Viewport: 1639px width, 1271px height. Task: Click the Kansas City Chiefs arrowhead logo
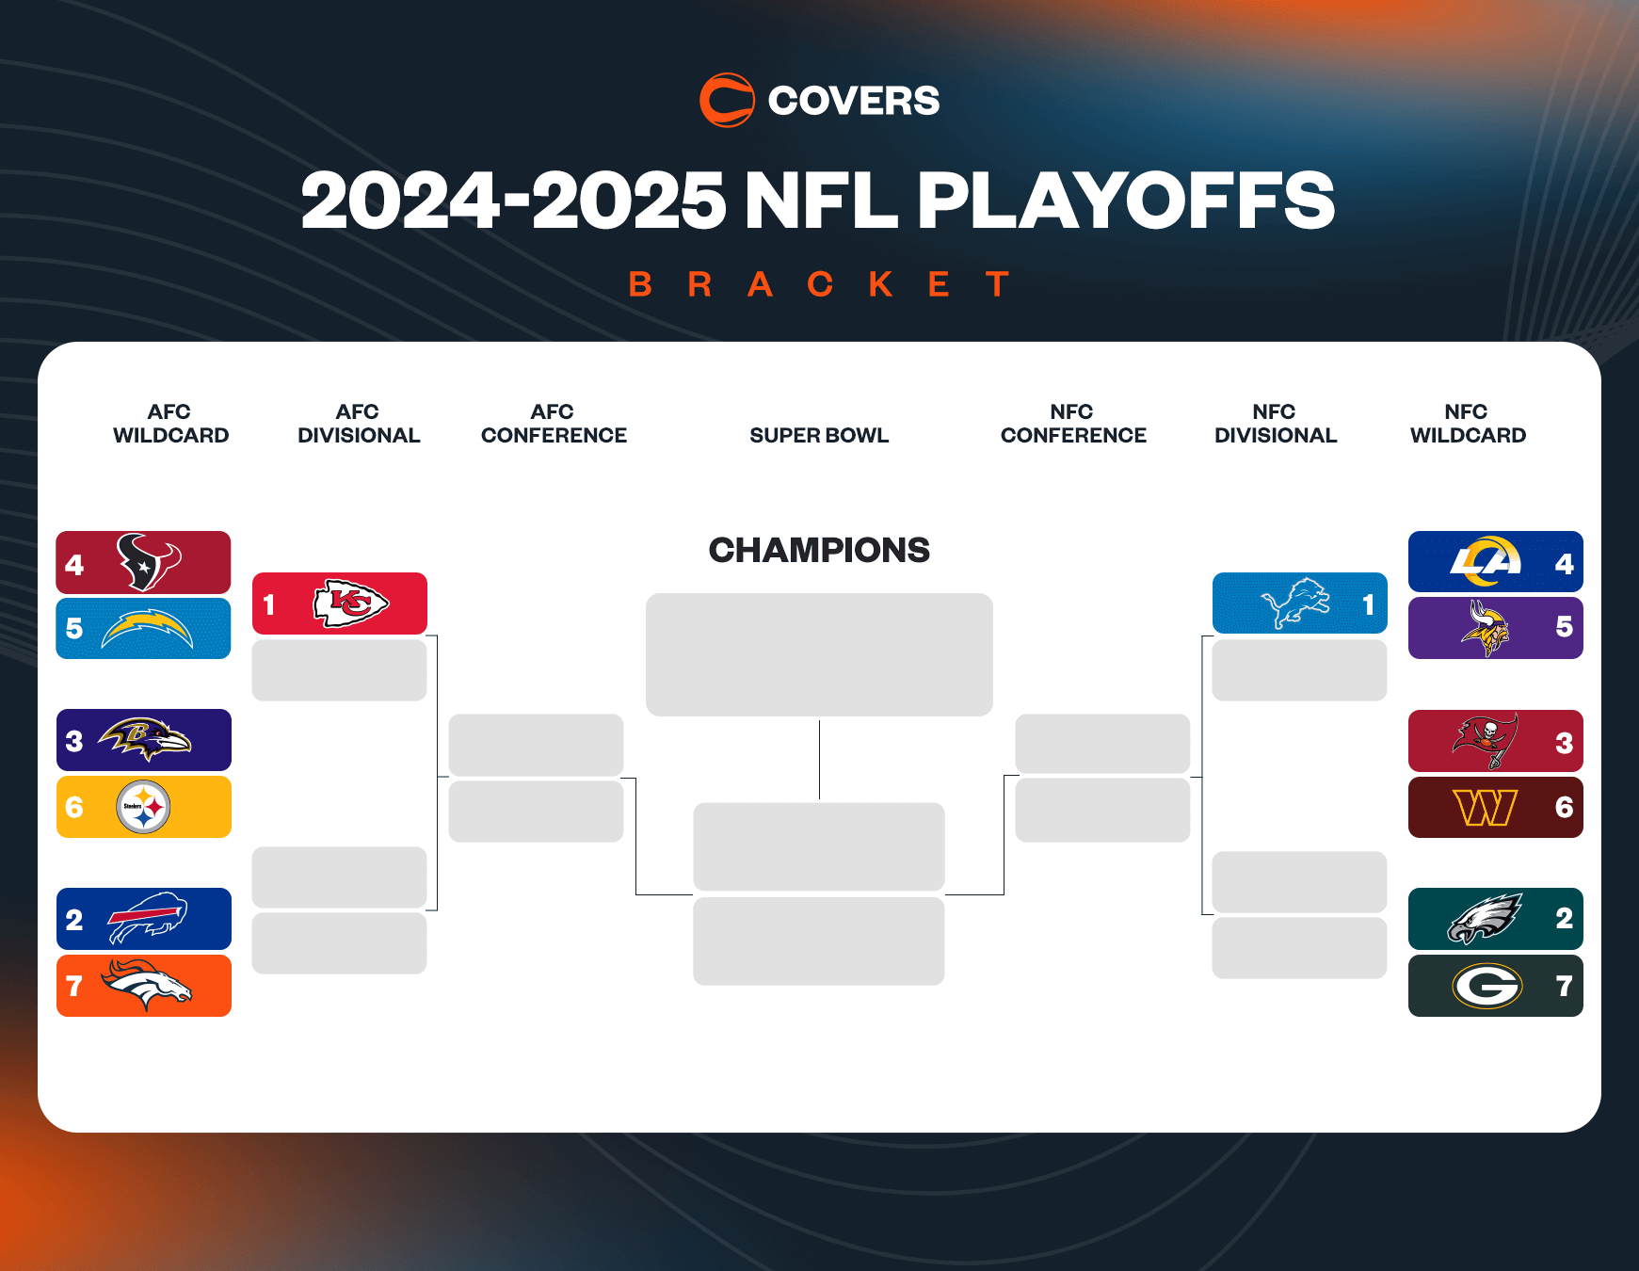pos(350,603)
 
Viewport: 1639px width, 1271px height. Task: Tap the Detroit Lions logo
pos(1295,603)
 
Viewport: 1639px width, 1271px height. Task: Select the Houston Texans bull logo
pos(148,562)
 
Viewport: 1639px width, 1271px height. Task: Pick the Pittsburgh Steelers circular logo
pos(143,807)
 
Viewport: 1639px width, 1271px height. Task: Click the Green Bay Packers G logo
pos(1487,986)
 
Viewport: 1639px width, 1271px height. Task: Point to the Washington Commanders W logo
pos(1486,807)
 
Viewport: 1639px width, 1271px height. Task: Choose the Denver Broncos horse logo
pos(146,985)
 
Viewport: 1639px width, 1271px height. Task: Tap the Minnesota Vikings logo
pos(1486,628)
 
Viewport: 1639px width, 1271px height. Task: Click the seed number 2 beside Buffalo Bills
pos(74,919)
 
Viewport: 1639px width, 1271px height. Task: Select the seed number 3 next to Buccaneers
pos(1564,743)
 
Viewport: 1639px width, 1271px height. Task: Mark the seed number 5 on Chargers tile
pos(74,628)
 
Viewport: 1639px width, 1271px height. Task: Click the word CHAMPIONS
pos(819,550)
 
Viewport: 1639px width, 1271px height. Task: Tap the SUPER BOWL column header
pos(819,435)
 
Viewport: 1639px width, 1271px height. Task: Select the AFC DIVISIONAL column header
pos(359,424)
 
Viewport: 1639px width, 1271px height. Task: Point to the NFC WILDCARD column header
pos(1468,424)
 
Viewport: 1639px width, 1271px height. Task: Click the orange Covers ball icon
pos(727,100)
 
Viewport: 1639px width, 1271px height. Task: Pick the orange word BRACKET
pos(819,283)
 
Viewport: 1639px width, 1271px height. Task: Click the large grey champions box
pos(819,654)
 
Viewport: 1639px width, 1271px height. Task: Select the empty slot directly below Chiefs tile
pos(339,670)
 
